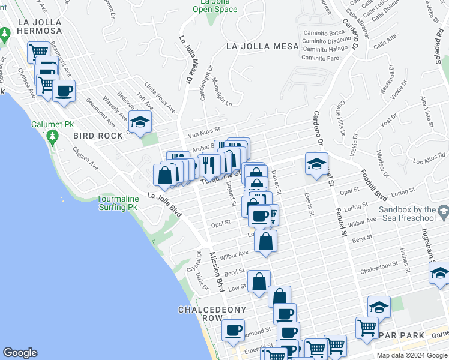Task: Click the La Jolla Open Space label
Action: click(x=214, y=5)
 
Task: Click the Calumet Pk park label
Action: click(x=52, y=124)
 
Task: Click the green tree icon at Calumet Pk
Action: click(x=52, y=137)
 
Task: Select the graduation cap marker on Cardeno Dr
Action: click(x=316, y=163)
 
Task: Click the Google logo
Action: click(x=20, y=353)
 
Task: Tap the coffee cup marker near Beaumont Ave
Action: click(x=64, y=91)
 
